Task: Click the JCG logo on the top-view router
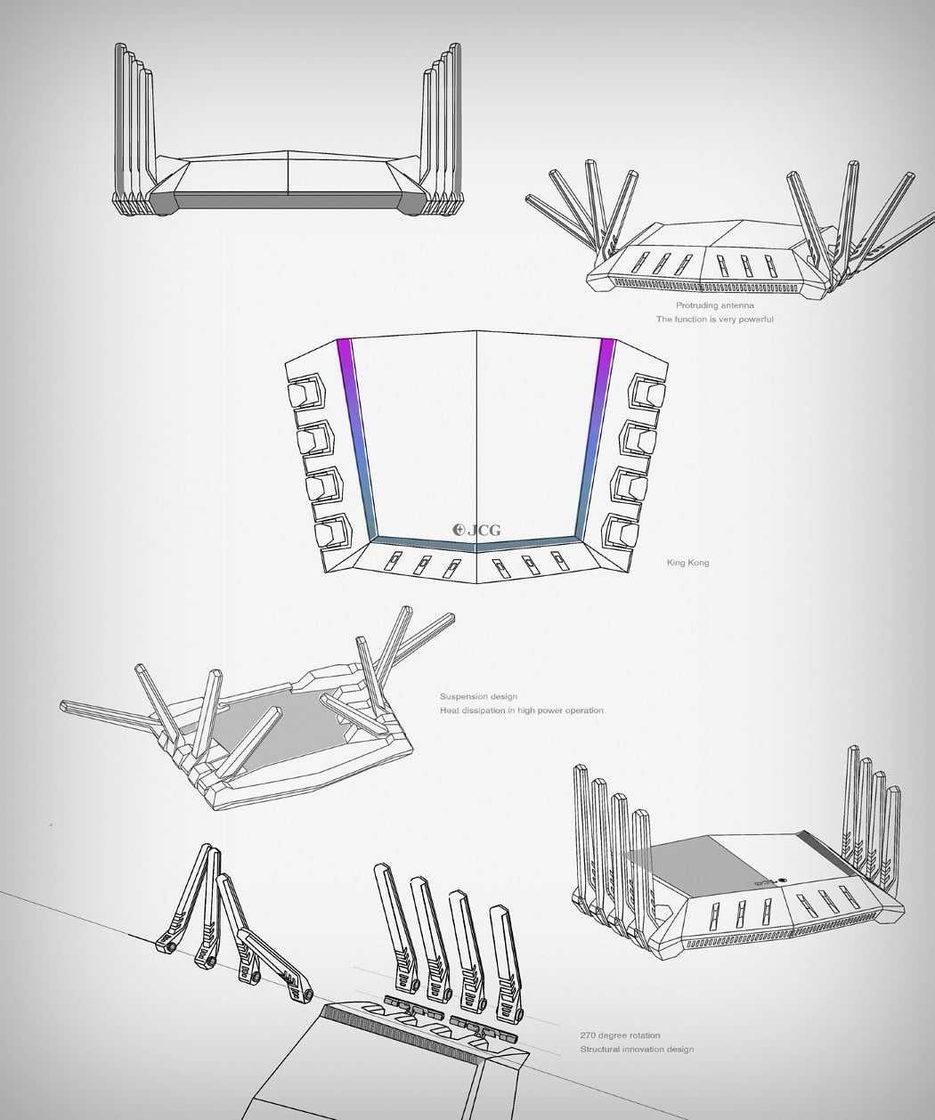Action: pos(476,531)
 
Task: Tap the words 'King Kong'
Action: pos(687,563)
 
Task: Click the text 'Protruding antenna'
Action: pos(714,305)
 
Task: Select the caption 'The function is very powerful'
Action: pos(714,319)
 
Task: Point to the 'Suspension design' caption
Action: pos(478,696)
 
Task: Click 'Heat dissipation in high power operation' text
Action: pos(522,710)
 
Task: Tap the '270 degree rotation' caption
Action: pos(620,1035)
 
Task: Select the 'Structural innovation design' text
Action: pos(637,1049)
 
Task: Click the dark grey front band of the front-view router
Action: pos(289,201)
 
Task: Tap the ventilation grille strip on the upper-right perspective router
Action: pos(709,286)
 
